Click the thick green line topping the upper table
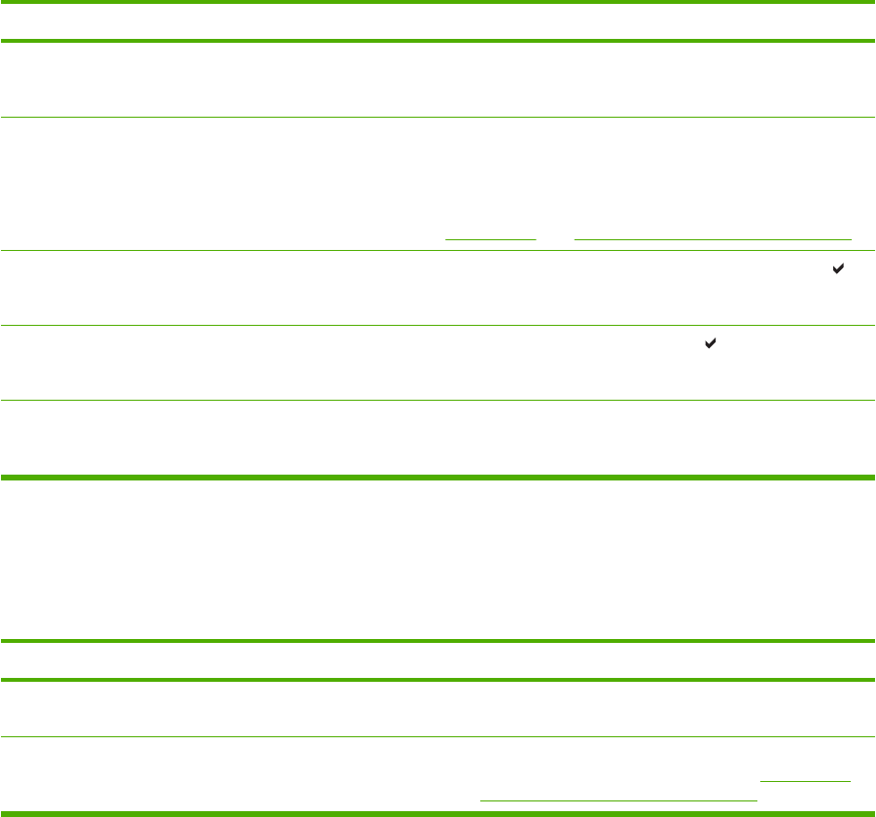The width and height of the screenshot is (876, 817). pos(438,3)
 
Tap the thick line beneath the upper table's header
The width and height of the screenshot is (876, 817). pos(438,41)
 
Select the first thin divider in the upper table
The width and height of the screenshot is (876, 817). pos(438,119)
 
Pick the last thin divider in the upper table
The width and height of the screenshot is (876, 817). pos(438,400)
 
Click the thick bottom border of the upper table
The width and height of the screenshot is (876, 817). pos(438,478)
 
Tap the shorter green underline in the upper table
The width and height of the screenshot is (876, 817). pos(490,238)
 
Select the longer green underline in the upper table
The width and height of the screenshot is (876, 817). pos(713,238)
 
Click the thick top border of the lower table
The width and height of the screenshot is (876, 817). pos(438,641)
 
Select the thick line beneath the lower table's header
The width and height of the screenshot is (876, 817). pos(438,680)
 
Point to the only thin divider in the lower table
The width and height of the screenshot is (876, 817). pos(438,737)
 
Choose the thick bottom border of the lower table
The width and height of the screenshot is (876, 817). pos(438,812)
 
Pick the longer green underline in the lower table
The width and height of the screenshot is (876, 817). pos(618,799)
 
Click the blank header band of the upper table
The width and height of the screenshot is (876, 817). pos(438,21)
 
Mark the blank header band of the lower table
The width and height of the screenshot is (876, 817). pos(438,660)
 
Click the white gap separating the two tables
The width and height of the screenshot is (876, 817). pos(438,559)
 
